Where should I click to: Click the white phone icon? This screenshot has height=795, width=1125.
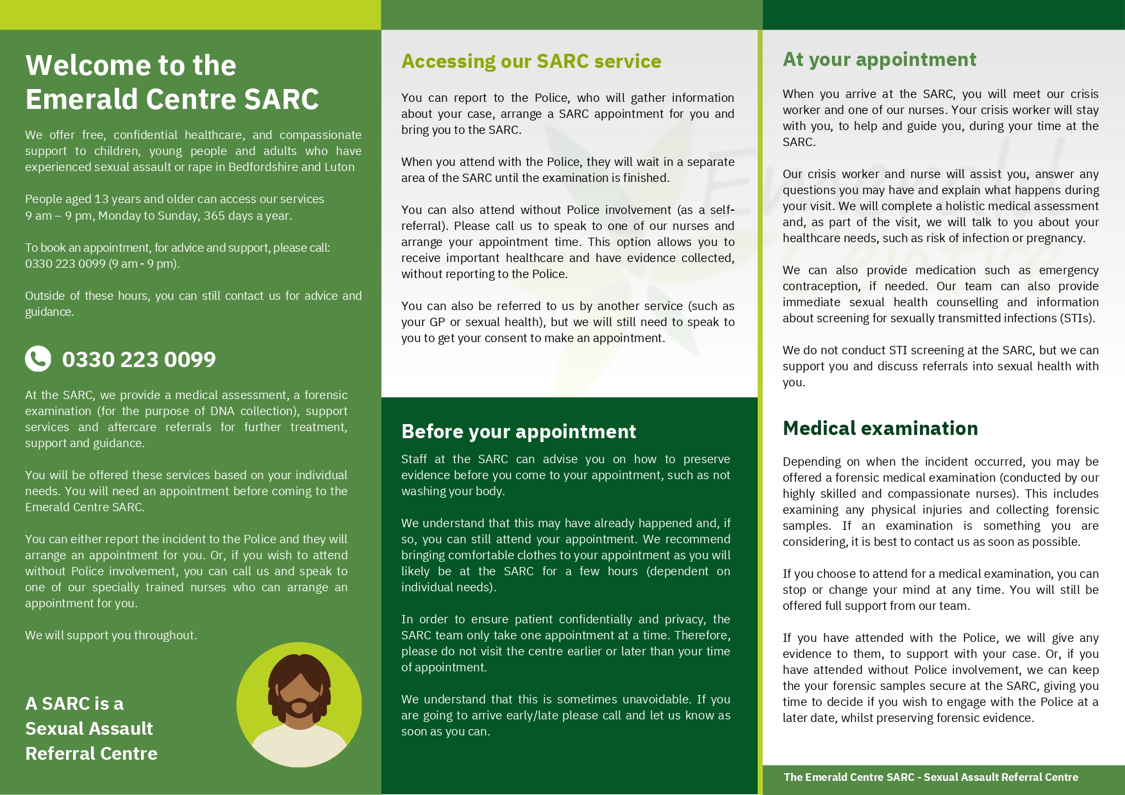click(x=38, y=359)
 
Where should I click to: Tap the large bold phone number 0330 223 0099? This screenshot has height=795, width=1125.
click(x=138, y=359)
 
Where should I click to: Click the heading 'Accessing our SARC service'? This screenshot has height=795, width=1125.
click(x=531, y=61)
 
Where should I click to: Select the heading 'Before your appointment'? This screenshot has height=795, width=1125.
click(x=518, y=431)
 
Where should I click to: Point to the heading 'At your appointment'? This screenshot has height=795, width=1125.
click(x=879, y=60)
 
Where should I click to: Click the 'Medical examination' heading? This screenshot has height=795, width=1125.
click(x=879, y=428)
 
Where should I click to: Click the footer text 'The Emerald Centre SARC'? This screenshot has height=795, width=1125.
click(x=849, y=777)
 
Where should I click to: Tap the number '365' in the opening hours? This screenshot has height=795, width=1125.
click(x=215, y=216)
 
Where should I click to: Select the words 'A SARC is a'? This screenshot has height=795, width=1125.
click(x=74, y=703)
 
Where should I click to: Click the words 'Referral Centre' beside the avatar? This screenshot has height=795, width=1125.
click(x=91, y=753)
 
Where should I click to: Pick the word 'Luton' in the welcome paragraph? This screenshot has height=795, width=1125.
click(x=339, y=167)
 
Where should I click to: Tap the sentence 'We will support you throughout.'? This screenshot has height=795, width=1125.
click(x=111, y=635)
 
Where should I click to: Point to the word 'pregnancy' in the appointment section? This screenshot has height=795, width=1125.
click(x=1054, y=238)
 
